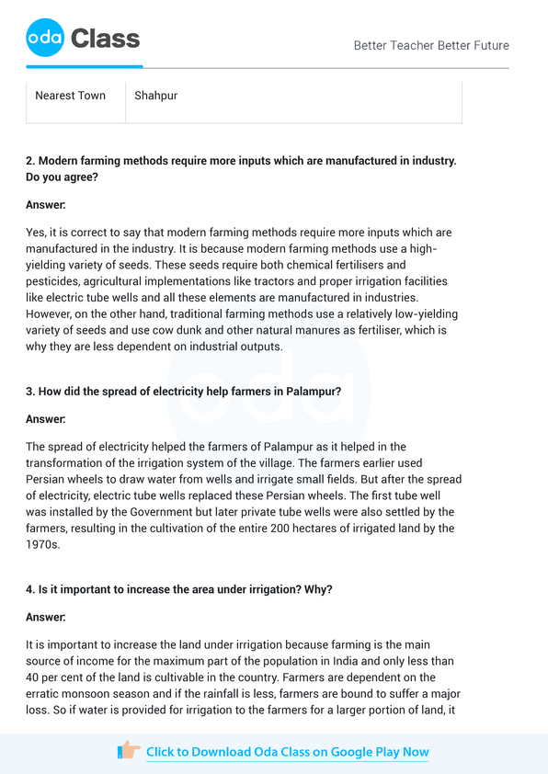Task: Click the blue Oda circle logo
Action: click(x=45, y=39)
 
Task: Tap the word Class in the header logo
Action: click(x=106, y=39)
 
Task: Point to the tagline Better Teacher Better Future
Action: click(x=431, y=45)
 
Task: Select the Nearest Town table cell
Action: click(x=70, y=96)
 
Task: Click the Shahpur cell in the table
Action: click(x=156, y=96)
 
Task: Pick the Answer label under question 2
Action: click(x=46, y=204)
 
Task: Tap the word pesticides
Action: click(x=58, y=281)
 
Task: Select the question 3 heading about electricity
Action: click(x=184, y=392)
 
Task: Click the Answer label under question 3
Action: click(x=46, y=419)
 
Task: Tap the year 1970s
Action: click(x=42, y=545)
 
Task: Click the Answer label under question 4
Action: click(x=46, y=617)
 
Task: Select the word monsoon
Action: click(x=102, y=694)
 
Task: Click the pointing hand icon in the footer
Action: click(x=129, y=751)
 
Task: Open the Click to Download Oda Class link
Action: click(x=287, y=752)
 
